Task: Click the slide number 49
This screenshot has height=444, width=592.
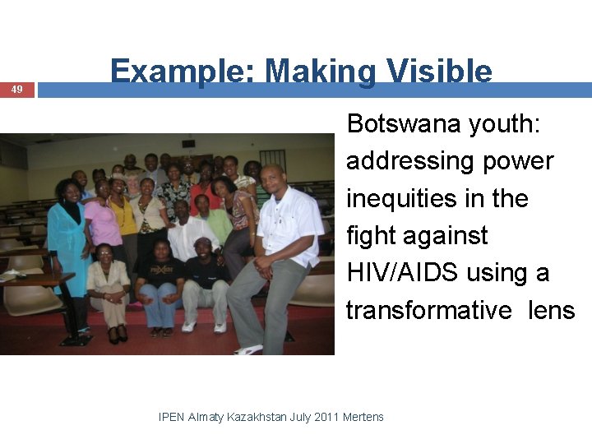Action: click(x=17, y=90)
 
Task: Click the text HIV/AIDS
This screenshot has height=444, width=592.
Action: click(x=403, y=273)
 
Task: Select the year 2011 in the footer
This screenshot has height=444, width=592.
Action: click(x=325, y=417)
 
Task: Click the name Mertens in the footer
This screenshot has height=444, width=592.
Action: click(x=363, y=417)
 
